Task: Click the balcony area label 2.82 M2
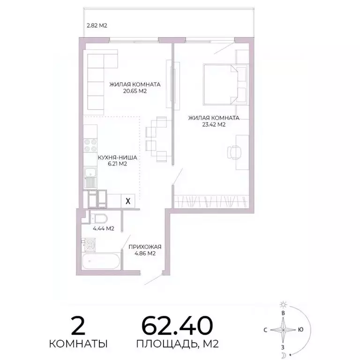click(x=97, y=26)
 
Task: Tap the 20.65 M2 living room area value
click(x=135, y=92)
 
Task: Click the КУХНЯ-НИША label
click(x=117, y=157)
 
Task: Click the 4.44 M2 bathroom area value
click(x=104, y=229)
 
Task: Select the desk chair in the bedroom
click(x=233, y=151)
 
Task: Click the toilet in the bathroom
click(x=98, y=218)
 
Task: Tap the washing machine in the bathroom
click(x=89, y=245)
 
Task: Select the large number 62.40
click(x=177, y=324)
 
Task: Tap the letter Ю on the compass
click(x=300, y=329)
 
